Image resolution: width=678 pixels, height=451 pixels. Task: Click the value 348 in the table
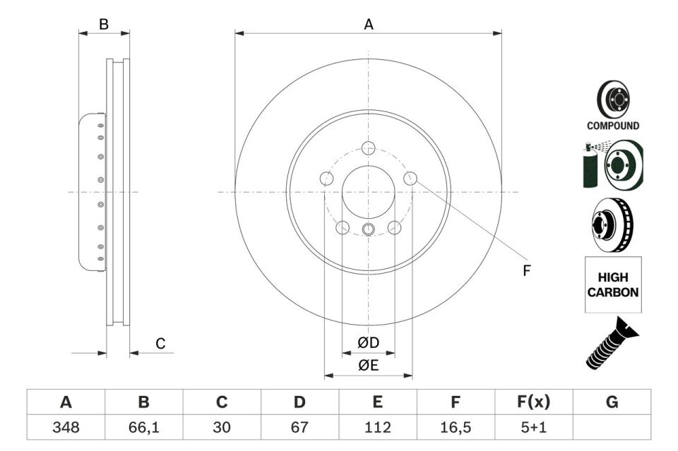point(66,426)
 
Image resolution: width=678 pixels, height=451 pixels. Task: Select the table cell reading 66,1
point(144,426)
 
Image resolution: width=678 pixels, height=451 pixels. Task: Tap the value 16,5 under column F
point(456,426)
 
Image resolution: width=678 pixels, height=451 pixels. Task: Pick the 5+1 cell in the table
point(533,426)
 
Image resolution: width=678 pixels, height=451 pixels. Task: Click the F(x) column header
point(533,402)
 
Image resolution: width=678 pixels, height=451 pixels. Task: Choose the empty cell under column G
point(612,426)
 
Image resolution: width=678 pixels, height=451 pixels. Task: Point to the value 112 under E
point(378,426)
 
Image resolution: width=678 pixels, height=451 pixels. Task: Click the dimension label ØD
point(368,343)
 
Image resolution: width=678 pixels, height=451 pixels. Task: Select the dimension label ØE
point(368,365)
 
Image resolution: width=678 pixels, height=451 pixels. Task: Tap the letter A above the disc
point(368,25)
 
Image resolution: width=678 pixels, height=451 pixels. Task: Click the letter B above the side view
point(104,25)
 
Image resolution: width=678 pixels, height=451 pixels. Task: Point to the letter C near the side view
point(160,344)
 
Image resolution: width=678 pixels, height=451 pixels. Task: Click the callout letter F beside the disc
point(526,270)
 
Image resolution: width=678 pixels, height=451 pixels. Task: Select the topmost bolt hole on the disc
point(368,148)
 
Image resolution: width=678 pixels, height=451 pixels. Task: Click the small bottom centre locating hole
point(368,229)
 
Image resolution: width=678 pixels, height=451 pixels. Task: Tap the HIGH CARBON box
point(613,285)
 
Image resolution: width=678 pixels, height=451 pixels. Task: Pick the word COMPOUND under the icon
point(613,126)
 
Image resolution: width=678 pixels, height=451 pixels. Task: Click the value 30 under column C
point(222,426)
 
